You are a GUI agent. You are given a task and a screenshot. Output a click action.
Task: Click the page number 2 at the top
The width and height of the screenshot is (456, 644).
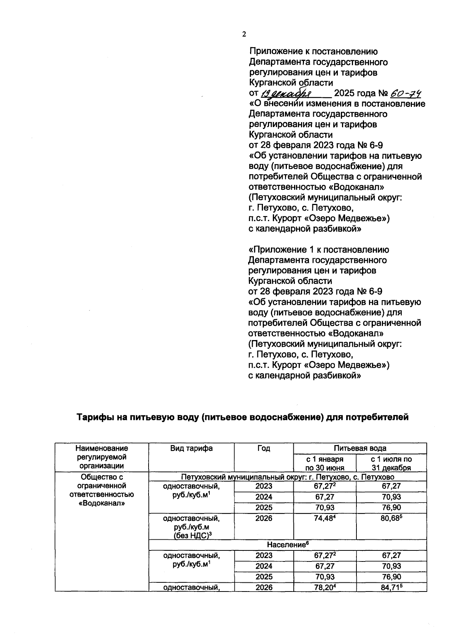pos(244,34)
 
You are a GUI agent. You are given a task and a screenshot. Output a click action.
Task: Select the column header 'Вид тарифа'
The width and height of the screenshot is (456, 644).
pos(191,448)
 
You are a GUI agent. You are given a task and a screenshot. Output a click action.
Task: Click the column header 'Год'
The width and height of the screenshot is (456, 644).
pos(264,448)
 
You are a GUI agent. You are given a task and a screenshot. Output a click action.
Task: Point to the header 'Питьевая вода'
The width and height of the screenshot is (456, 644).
pos(360,448)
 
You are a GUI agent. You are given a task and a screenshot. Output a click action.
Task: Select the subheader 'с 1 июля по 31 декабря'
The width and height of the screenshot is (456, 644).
pos(391,463)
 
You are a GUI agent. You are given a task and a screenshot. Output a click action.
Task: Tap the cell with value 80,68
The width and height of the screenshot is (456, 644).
pos(391,518)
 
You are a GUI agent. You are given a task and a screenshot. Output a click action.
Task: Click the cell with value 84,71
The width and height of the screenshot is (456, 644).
pos(391,588)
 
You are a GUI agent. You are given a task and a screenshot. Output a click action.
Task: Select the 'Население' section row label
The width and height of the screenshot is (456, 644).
pos(287,545)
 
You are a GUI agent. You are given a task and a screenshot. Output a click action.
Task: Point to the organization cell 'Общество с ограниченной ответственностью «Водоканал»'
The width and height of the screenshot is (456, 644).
pos(101,490)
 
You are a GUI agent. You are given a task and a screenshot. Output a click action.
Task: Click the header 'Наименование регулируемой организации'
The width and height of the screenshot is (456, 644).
pos(101,457)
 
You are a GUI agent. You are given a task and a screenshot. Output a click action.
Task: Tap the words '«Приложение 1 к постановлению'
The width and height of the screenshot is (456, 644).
pos(318,250)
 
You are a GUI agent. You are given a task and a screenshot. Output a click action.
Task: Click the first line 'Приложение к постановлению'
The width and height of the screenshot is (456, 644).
pos(313,51)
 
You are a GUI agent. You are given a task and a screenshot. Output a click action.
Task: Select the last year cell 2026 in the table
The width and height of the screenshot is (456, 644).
pos(264,588)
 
